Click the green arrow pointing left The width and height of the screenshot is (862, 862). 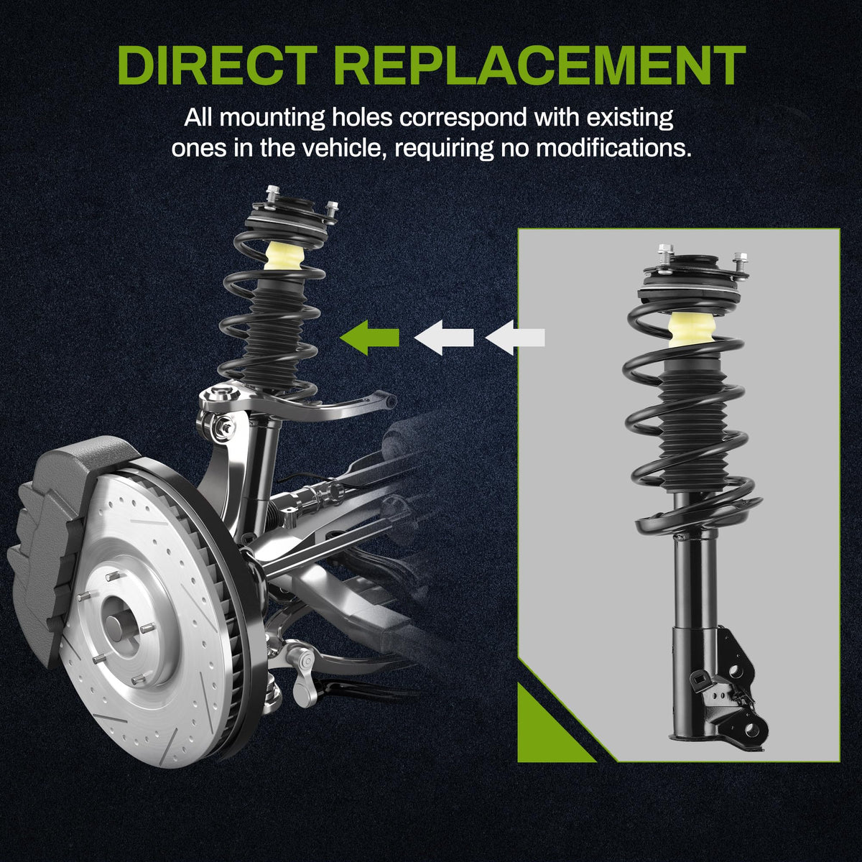[369, 338]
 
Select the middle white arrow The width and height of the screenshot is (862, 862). [444, 338]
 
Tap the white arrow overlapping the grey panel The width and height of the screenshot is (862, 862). [515, 338]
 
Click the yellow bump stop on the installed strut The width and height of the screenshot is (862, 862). [284, 256]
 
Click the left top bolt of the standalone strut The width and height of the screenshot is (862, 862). [666, 254]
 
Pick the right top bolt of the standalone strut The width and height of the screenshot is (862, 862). [741, 263]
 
